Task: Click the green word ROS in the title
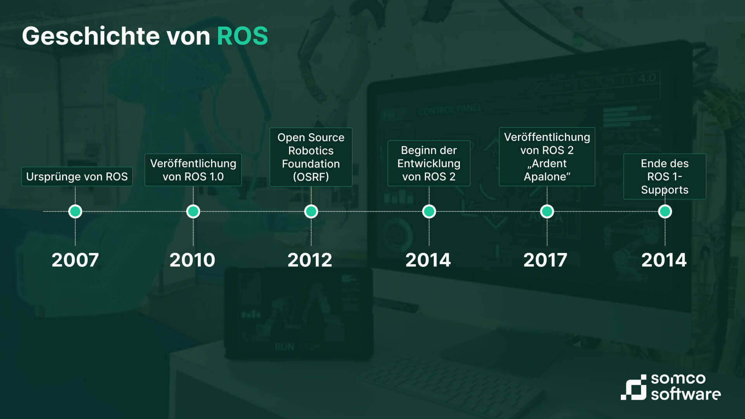click(x=243, y=36)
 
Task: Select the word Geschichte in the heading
click(x=91, y=36)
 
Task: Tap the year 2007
click(x=75, y=260)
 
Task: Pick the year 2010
click(x=192, y=260)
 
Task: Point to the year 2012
click(x=310, y=260)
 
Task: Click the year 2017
click(x=546, y=260)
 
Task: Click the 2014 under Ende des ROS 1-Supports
click(x=664, y=260)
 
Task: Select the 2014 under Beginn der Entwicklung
click(x=428, y=260)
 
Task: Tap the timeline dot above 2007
click(x=75, y=211)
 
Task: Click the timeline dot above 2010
click(x=193, y=211)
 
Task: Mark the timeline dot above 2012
click(x=311, y=211)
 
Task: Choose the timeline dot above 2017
click(x=547, y=211)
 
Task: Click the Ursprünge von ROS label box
click(x=77, y=177)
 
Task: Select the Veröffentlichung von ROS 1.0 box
click(x=193, y=170)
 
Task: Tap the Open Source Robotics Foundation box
click(x=311, y=157)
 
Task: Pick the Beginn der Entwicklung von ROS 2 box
click(x=429, y=163)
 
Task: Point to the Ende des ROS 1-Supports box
click(x=665, y=177)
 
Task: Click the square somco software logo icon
click(x=634, y=387)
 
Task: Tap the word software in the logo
click(x=686, y=394)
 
